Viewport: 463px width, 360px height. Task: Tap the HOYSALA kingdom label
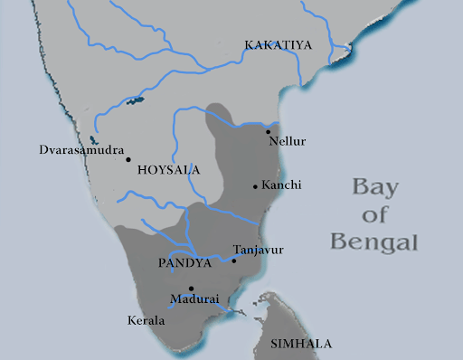click(167, 169)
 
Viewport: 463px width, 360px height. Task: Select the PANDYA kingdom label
click(184, 263)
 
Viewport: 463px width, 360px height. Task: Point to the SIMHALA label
click(301, 344)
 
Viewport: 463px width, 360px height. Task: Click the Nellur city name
click(288, 142)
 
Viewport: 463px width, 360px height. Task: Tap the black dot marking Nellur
click(268, 131)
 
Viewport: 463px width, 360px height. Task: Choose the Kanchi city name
click(280, 185)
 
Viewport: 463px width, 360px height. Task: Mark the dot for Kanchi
click(255, 187)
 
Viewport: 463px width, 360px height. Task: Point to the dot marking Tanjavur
click(234, 261)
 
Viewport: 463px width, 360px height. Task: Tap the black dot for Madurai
click(191, 288)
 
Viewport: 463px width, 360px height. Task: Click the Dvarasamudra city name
click(81, 148)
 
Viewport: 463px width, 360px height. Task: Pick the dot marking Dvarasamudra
click(128, 159)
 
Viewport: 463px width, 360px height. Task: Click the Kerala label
click(146, 321)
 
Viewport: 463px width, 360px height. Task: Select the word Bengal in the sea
click(374, 242)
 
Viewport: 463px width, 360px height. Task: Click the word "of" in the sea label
click(373, 216)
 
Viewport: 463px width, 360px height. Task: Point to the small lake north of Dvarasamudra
click(136, 99)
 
